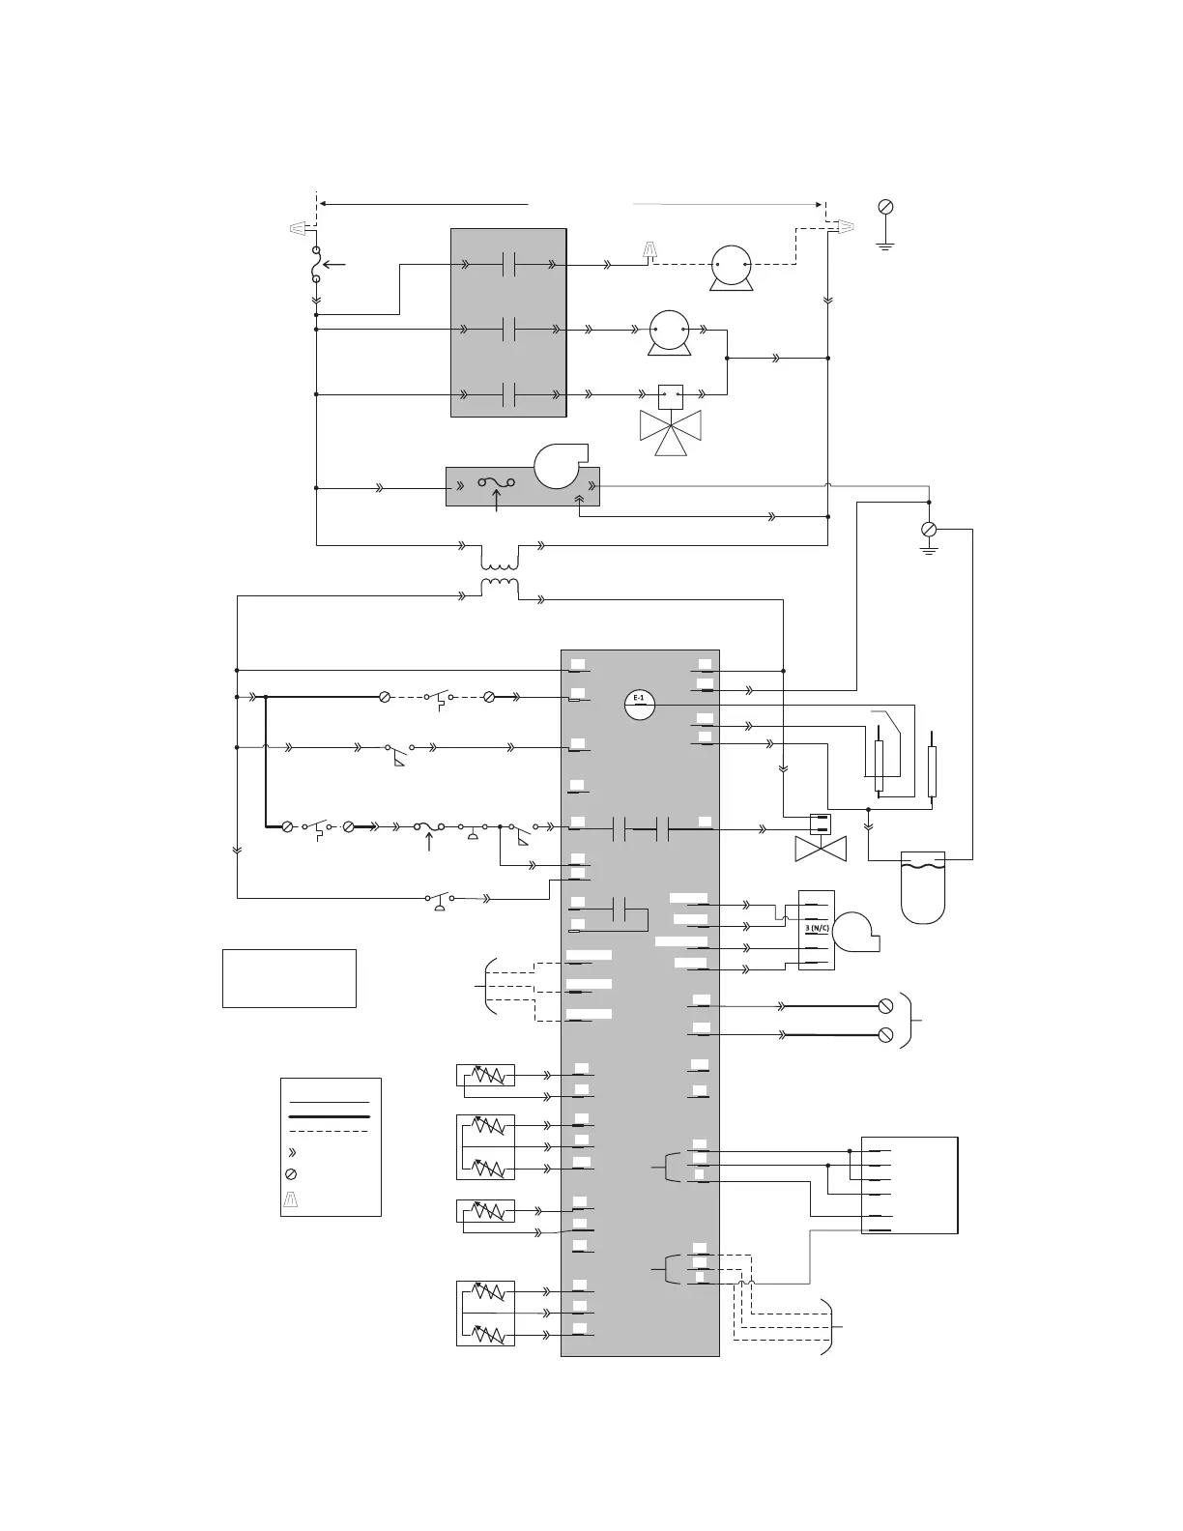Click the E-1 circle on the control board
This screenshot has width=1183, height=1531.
pos(639,704)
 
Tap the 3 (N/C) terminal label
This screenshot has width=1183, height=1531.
pos(817,928)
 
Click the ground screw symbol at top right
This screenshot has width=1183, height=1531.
pos(884,207)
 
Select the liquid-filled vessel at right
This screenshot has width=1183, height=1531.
pos(922,884)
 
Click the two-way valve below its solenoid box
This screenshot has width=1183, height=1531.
pos(820,850)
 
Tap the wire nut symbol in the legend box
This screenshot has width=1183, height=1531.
pos(292,1199)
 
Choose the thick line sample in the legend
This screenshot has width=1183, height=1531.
pos(330,1116)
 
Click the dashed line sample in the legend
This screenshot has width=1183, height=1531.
pos(330,1131)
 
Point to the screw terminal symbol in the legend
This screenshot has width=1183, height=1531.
pos(292,1174)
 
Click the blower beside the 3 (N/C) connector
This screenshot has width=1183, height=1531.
pos(856,931)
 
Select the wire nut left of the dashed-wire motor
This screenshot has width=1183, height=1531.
pos(650,251)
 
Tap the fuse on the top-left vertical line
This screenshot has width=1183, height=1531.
pos(316,264)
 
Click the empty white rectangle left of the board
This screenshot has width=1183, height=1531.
pos(289,978)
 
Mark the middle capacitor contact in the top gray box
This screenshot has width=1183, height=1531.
pos(509,330)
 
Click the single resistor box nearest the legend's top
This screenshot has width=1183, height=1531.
pos(485,1076)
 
